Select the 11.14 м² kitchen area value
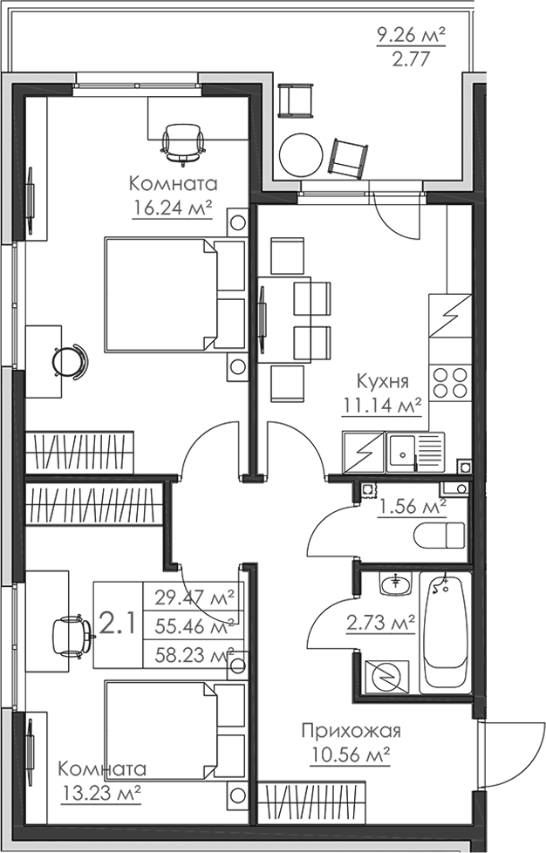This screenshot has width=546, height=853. click(x=384, y=404)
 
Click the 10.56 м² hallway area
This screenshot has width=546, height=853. click(x=350, y=754)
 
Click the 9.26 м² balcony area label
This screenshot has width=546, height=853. click(x=411, y=36)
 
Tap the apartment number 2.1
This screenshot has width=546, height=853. click(x=117, y=624)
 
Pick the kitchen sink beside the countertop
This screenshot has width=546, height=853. click(x=403, y=453)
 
